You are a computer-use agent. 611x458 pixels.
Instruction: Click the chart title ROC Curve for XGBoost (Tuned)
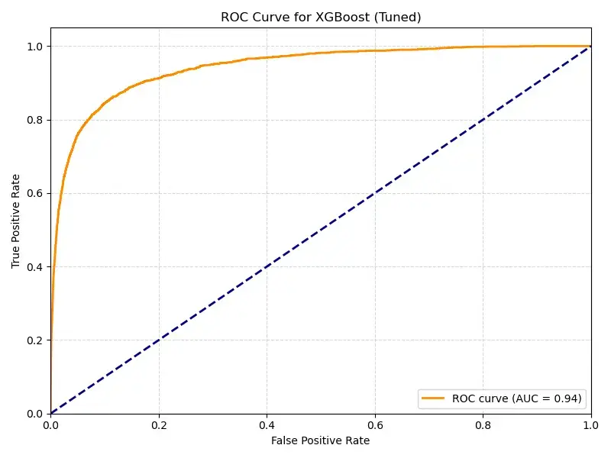[x=321, y=17]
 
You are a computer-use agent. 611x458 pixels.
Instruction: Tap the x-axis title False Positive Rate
[x=321, y=440]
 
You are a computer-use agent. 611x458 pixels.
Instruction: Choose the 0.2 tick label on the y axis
[x=35, y=340]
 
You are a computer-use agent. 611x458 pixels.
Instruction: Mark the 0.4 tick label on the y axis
[x=35, y=267]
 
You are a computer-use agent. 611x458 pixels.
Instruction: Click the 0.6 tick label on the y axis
[x=35, y=193]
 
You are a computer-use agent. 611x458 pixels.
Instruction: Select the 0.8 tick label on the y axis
[x=35, y=120]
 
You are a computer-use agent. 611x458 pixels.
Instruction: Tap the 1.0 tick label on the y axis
[x=35, y=47]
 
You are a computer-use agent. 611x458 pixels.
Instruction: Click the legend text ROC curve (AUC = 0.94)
[x=517, y=398]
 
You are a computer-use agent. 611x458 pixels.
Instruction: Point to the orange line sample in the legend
[x=434, y=398]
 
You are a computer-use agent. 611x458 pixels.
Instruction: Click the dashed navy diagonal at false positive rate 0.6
[x=374, y=193]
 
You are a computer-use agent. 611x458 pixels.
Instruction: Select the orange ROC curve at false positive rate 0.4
[x=267, y=57]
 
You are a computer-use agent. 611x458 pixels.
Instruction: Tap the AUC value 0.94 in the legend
[x=566, y=398]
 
